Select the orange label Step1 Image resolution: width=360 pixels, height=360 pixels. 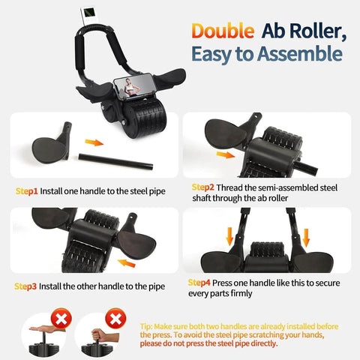pyautogui.click(x=27, y=190)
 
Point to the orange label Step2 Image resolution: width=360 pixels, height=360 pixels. pyautogui.click(x=203, y=187)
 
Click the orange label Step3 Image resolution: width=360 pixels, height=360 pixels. pyautogui.click(x=28, y=286)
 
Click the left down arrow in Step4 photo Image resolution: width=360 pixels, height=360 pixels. pyautogui.click(x=229, y=237)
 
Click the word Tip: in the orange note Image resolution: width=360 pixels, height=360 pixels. pyautogui.click(x=150, y=327)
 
